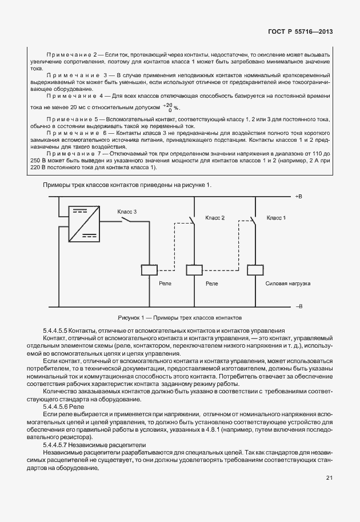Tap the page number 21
tap(330, 478)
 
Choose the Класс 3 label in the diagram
tap(127, 212)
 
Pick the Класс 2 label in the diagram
tap(215, 218)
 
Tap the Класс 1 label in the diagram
tap(276, 218)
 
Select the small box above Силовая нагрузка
tap(254, 270)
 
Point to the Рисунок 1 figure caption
tap(180, 316)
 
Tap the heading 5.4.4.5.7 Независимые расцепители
tap(94, 444)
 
